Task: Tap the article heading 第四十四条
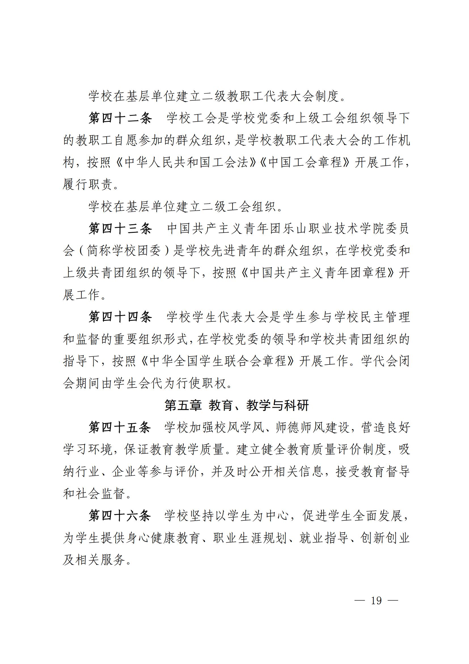(x=120, y=317)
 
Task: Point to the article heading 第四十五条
(x=120, y=428)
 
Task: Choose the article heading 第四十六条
(x=120, y=516)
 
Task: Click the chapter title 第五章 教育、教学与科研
(x=236, y=405)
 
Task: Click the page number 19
(x=376, y=600)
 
